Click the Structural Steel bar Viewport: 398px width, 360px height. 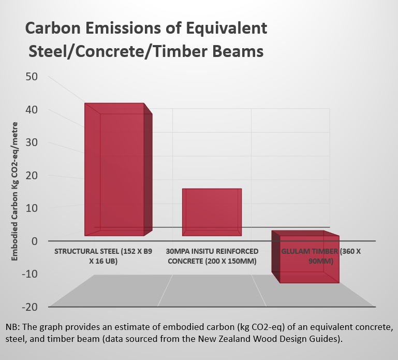(118, 171)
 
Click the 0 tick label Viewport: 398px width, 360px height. (34, 241)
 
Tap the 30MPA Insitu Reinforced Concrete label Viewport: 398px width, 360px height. (211, 256)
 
